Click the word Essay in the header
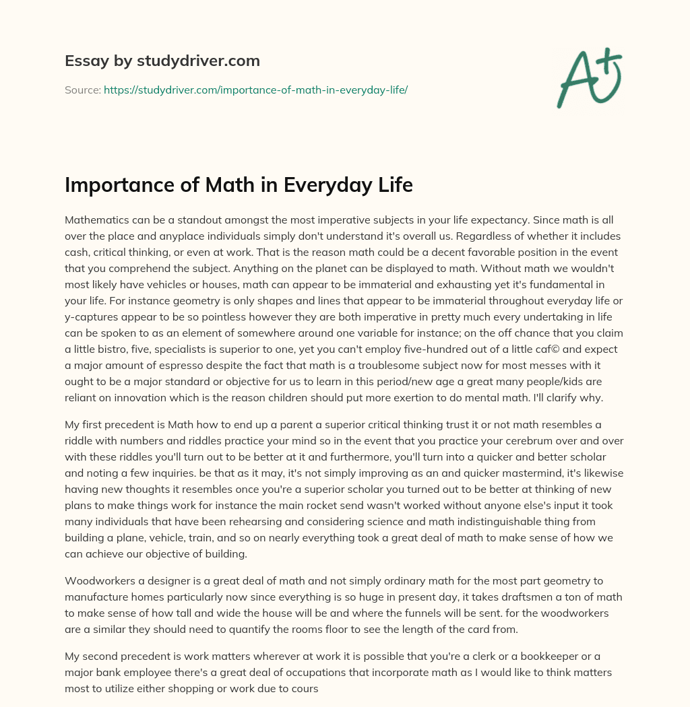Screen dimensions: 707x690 pyautogui.click(x=82, y=61)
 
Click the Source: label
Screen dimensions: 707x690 pyautogui.click(x=82, y=89)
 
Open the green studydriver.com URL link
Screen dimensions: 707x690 pyautogui.click(x=255, y=89)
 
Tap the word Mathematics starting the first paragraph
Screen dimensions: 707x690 pyautogui.click(x=99, y=220)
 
